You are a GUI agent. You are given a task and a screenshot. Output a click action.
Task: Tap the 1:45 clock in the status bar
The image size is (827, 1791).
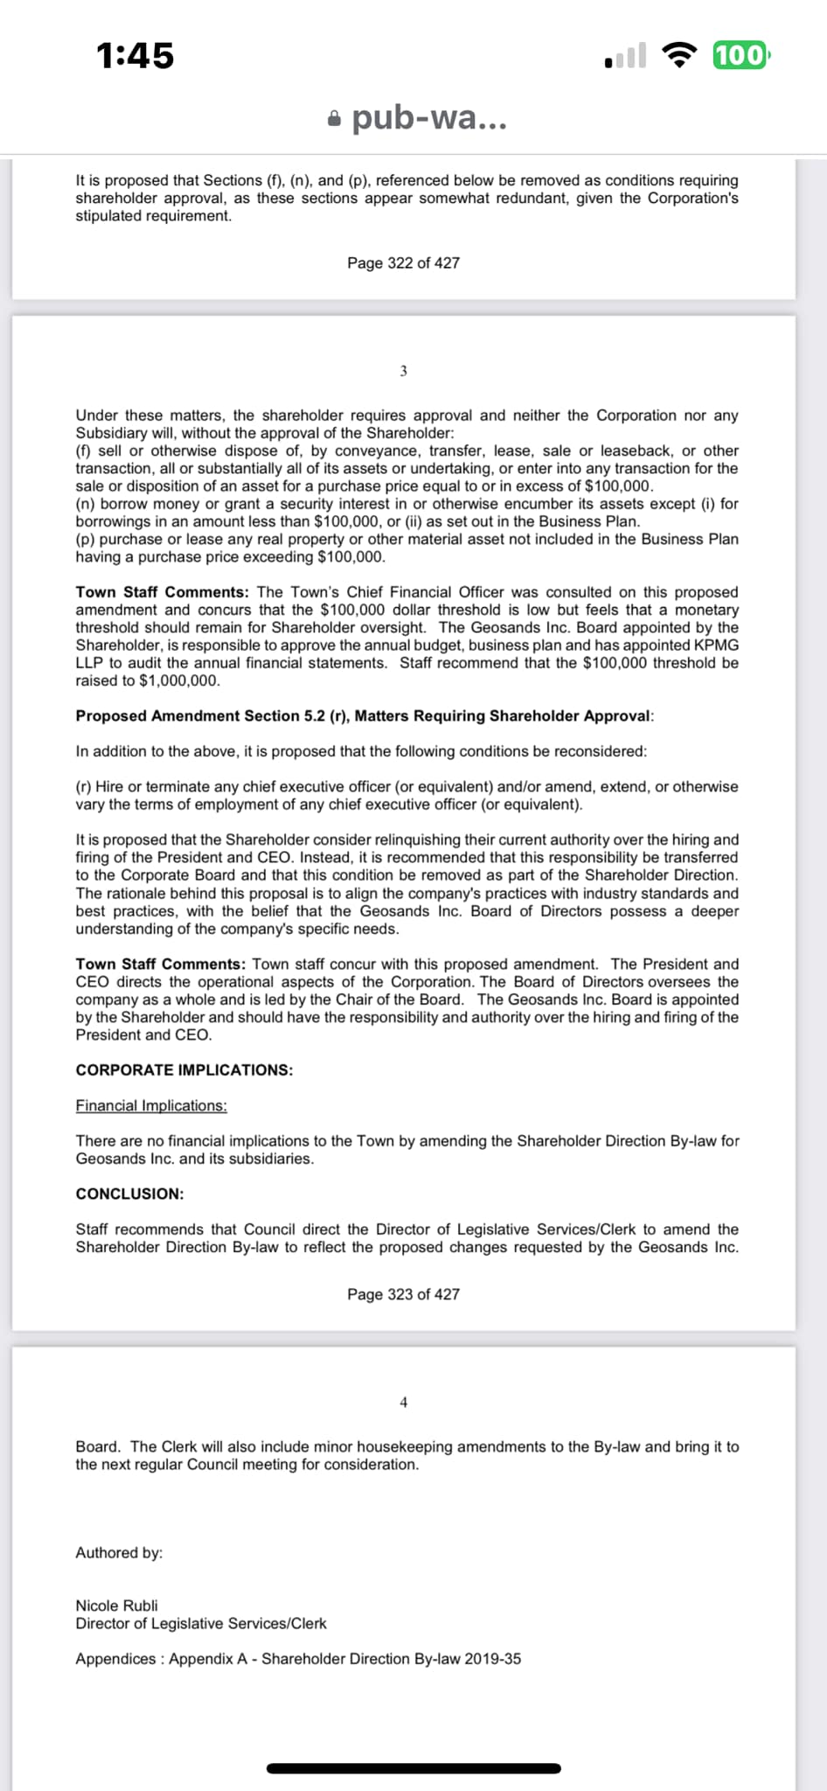[136, 56]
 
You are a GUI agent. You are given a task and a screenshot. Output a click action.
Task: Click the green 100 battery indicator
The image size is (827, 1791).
[740, 55]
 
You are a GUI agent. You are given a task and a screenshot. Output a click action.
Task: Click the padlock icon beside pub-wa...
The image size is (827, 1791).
[334, 118]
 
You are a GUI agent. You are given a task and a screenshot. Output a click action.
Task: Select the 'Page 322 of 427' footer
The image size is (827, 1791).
[403, 263]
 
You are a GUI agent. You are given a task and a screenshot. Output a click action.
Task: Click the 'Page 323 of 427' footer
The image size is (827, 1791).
[403, 1294]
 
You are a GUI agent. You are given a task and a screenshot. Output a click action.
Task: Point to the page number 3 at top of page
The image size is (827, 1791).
[403, 371]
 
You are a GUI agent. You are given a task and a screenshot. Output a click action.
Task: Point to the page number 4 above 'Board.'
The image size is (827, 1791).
[403, 1402]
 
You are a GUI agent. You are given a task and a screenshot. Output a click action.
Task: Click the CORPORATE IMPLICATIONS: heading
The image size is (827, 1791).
[184, 1070]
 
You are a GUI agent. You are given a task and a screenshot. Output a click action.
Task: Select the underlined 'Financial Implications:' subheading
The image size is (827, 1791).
[151, 1105]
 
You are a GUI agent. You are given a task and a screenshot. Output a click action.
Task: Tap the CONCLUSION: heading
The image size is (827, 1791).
[129, 1194]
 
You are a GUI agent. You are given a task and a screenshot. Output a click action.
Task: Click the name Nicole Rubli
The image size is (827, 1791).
[116, 1606]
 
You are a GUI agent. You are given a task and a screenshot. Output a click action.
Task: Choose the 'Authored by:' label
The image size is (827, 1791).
[119, 1552]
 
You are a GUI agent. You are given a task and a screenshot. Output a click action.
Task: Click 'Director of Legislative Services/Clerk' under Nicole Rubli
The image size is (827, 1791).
[201, 1623]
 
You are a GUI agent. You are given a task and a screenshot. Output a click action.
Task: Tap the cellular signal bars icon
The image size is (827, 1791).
[626, 56]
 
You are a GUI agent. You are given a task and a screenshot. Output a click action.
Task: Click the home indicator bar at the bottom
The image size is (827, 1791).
[413, 1768]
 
